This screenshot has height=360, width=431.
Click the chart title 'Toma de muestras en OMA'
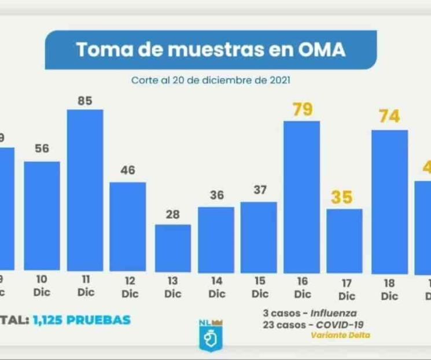click(x=211, y=50)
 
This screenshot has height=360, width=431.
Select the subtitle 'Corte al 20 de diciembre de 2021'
click(x=211, y=80)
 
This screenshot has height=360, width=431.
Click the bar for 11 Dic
click(x=85, y=190)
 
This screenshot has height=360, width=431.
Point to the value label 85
click(x=85, y=101)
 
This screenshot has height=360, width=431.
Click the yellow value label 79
click(x=302, y=109)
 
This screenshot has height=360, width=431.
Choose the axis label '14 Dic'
click(x=216, y=287)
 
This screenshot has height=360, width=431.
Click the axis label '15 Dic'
click(x=260, y=287)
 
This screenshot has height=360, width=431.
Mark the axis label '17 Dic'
click(x=346, y=289)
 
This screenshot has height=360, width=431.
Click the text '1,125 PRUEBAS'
click(x=82, y=319)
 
